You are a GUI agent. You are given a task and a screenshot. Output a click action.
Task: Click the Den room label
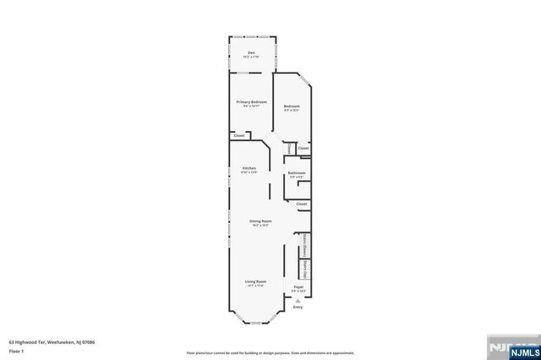coord(251,53)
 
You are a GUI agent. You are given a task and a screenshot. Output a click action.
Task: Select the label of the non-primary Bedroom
coord(292,107)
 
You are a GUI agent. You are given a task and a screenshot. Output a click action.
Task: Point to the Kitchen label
coord(249,168)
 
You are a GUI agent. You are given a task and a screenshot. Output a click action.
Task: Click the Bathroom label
coord(296,173)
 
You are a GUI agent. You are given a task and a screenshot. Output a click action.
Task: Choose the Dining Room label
coord(260,221)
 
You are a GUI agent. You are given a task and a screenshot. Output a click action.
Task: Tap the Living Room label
coord(256,281)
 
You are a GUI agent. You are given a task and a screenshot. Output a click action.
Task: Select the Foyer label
coord(298,287)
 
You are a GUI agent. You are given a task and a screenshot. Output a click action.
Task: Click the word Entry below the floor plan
coord(298,308)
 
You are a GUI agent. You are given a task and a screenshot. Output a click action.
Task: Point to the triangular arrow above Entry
coord(298,301)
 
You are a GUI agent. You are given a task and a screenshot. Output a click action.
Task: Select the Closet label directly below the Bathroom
coord(302,204)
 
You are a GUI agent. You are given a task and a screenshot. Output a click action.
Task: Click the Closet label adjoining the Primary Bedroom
coord(239,135)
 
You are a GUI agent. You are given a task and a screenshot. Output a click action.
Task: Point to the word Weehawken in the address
coord(62,342)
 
